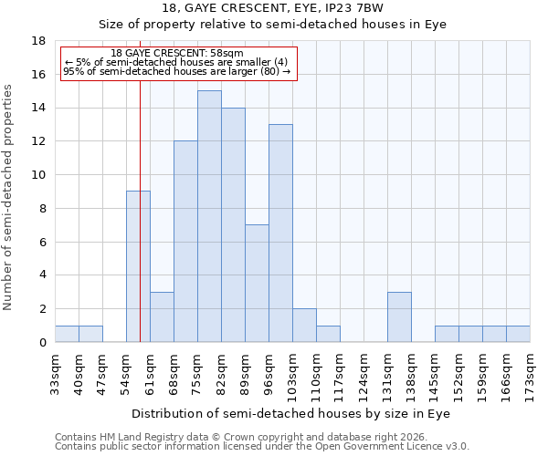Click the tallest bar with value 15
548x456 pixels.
point(209,216)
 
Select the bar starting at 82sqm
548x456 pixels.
point(233,224)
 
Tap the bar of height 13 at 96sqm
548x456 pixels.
point(280,233)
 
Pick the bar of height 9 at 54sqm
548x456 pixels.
point(138,266)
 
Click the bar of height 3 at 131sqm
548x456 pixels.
point(399,316)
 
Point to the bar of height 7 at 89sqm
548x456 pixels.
point(257,283)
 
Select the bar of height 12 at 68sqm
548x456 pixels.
point(185,241)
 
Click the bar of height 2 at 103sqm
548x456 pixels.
point(304,325)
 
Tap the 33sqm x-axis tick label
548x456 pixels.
point(56,372)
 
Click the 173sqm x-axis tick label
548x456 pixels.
point(531,372)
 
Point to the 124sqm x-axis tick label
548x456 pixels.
point(364,372)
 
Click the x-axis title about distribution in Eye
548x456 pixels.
point(292,413)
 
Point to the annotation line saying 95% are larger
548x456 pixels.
point(176,71)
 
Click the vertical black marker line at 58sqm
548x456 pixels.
point(140,228)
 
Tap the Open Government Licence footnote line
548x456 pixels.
point(262,447)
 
